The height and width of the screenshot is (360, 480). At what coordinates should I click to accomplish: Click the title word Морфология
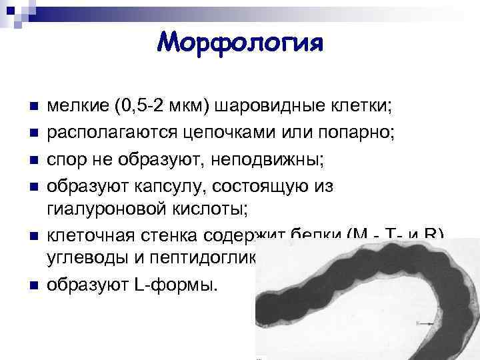pos(240,43)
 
